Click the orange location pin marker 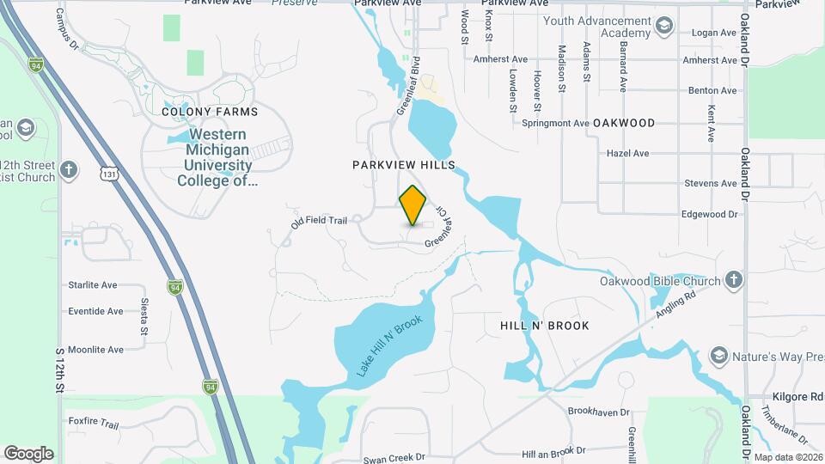pos(412,205)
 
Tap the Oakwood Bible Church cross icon pos(733,280)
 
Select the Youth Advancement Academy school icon pos(663,27)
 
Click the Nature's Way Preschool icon pos(719,356)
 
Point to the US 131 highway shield pos(109,174)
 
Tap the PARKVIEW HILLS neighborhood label pos(402,164)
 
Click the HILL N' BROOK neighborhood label pos(544,326)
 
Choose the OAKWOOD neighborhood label pos(624,123)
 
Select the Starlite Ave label pos(93,285)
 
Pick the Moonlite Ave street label pos(95,350)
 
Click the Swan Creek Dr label pos(394,459)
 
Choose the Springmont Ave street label pos(555,123)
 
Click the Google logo pos(28,454)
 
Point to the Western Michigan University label pos(217,157)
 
